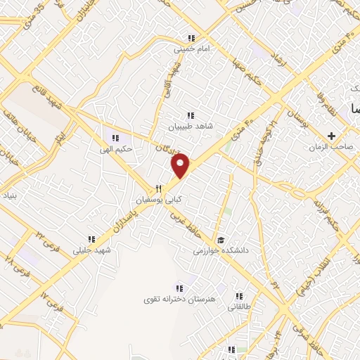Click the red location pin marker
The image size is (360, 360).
(x=181, y=166)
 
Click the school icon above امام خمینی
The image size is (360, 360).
(x=191, y=39)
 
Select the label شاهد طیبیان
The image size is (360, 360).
(x=188, y=127)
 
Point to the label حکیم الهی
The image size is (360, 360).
(x=115, y=148)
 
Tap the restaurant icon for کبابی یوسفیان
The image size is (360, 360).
(x=158, y=188)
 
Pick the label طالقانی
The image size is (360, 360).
(x=240, y=307)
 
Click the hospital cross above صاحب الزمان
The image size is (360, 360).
(x=331, y=135)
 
